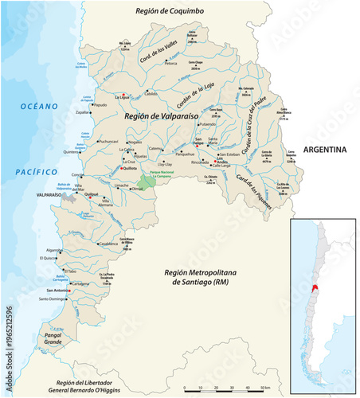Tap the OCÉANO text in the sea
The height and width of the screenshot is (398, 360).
click(x=40, y=106)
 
